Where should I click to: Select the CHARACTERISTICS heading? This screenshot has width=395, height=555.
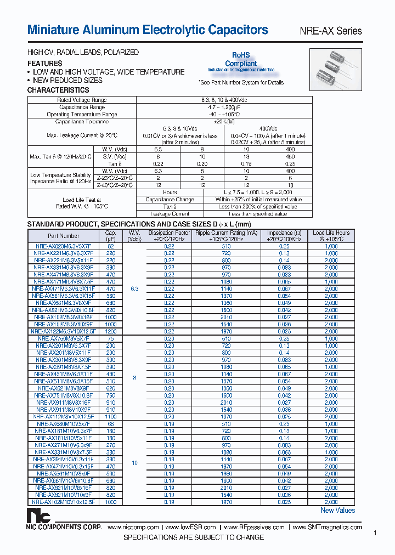(x=58, y=90)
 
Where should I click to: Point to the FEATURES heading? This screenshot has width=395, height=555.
(x=45, y=64)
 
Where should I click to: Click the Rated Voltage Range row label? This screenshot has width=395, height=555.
(x=82, y=100)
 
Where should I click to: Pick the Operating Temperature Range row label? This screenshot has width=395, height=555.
(x=82, y=115)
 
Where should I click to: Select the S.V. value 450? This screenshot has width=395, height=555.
(x=290, y=156)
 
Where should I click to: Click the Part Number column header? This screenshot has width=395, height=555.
(x=63, y=236)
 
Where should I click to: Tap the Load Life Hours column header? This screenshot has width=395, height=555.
(x=331, y=236)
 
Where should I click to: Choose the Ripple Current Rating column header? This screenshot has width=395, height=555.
(x=227, y=236)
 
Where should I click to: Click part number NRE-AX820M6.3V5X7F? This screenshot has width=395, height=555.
(x=63, y=247)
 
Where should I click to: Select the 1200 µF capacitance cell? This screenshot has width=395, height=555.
(x=111, y=331)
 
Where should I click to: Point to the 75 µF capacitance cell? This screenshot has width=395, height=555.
(x=111, y=338)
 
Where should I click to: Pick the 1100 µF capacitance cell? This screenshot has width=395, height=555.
(x=111, y=416)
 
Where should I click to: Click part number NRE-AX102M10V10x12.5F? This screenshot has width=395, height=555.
(x=63, y=501)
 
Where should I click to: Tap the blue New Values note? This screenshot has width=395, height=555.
(x=337, y=511)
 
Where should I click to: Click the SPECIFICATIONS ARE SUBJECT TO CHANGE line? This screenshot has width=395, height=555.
(x=194, y=537)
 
